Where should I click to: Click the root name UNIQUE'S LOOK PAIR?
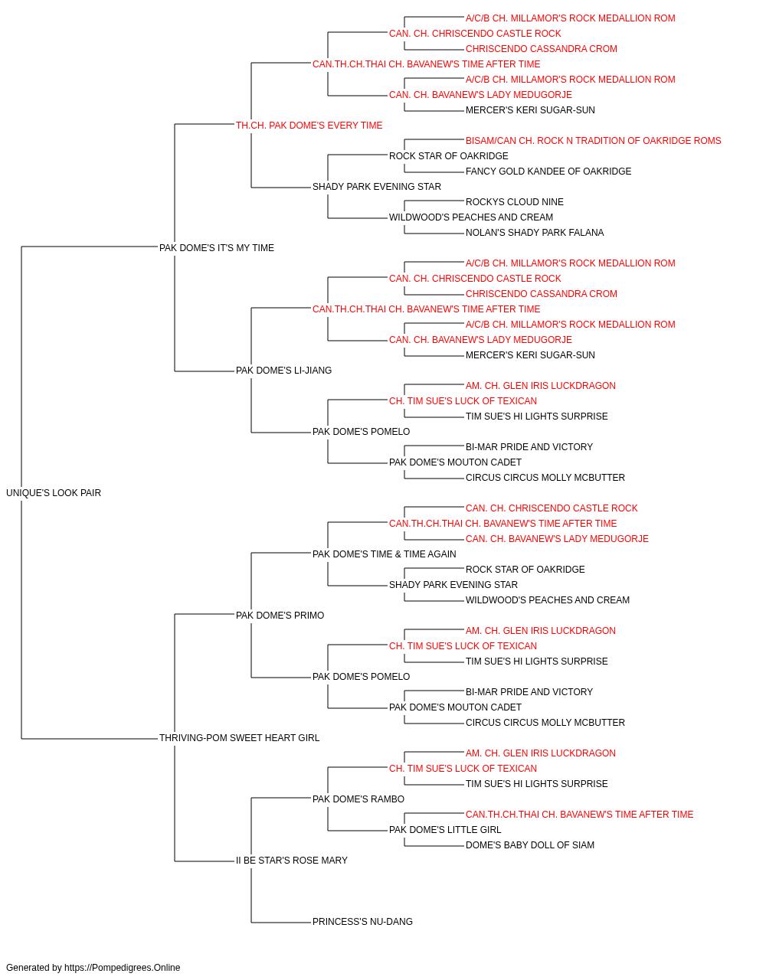53,493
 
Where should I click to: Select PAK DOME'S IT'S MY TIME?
217,248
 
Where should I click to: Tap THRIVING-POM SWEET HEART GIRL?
239,738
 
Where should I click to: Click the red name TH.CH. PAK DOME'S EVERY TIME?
309,126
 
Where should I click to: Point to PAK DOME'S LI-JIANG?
283,371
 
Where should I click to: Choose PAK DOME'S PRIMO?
280,616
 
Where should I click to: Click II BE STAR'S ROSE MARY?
292,861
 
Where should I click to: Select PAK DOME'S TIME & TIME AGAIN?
385,554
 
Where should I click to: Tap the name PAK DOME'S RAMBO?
358,799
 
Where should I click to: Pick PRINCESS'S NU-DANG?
362,922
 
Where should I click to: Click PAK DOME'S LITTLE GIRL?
445,830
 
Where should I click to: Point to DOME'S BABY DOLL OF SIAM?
530,845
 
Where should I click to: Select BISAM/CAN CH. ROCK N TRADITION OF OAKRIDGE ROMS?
593,141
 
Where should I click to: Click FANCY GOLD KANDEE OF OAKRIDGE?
548,171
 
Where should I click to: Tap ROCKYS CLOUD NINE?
515,202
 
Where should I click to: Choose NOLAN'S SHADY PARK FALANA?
535,233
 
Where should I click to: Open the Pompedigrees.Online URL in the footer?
123,968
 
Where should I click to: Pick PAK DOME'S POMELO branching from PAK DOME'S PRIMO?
362,677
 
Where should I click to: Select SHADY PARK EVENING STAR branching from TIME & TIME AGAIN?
453,585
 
